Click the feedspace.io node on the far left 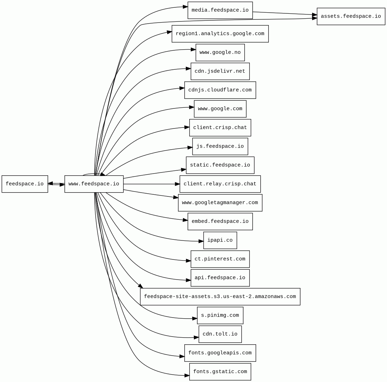pos(25,184)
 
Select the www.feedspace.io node pos(94,184)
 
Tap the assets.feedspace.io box pos(351,17)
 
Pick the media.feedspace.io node pos(220,10)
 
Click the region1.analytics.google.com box pos(220,34)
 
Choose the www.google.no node pos(220,52)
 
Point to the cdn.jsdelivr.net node pos(220,71)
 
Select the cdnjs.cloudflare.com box pos(220,90)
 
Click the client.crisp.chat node pos(220,128)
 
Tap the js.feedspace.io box pos(220,146)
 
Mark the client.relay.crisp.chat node pos(220,184)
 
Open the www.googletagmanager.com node pos(220,203)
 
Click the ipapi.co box pos(220,240)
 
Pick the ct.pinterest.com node pos(220,259)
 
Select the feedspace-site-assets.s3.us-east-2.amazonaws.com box pos(220,297)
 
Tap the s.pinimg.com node pos(220,315)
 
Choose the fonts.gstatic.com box pos(220,372)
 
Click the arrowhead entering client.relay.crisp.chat pos(177,184)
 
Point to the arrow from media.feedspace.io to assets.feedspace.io pos(285,13)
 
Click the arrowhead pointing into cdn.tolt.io pos(196,337)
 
